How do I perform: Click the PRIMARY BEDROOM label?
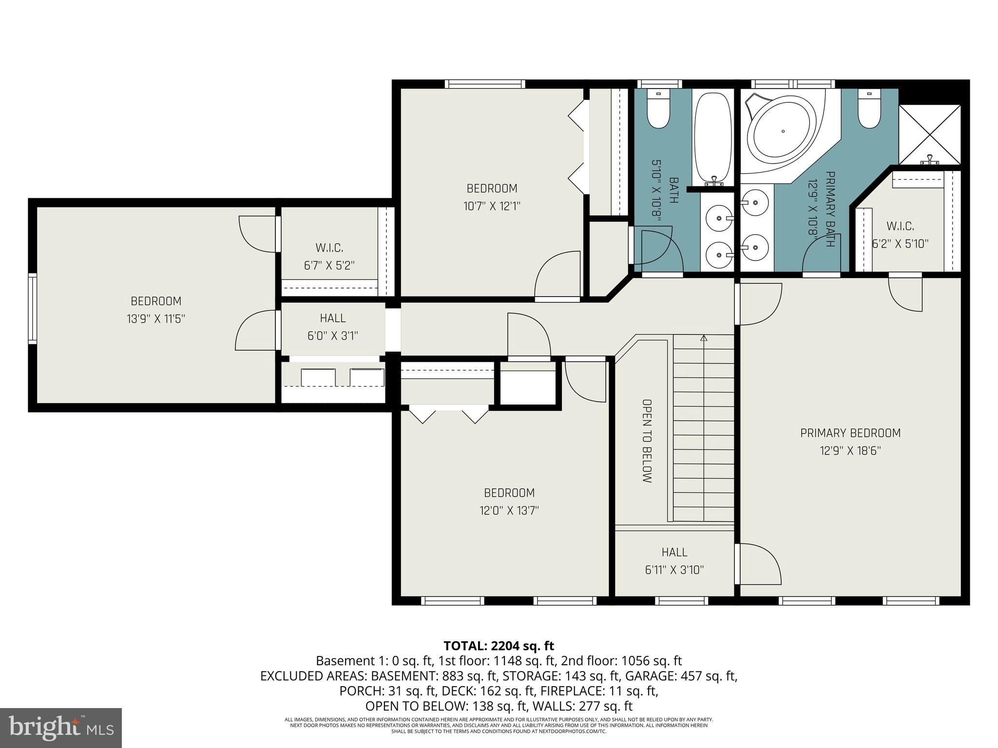click(850, 433)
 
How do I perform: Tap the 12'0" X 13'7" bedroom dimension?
click(509, 510)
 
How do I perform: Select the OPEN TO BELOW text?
click(647, 441)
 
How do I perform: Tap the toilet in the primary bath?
click(868, 111)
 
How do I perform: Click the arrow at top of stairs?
click(703, 337)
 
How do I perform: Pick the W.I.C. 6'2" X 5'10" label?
click(900, 235)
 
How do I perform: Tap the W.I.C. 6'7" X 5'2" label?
click(329, 257)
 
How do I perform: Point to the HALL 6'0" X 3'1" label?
click(333, 327)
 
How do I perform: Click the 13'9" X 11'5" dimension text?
click(156, 319)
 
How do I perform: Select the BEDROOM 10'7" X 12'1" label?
click(492, 197)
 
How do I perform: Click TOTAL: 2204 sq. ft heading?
click(499, 646)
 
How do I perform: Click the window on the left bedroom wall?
click(32, 308)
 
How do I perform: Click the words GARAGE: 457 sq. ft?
click(681, 676)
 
